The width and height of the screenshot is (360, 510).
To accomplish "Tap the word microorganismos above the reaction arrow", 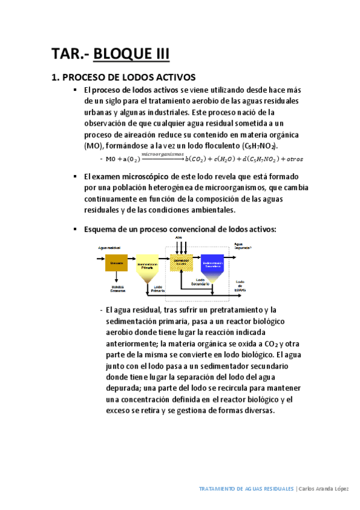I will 162,155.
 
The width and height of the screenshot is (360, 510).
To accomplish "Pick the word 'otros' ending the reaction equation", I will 293,159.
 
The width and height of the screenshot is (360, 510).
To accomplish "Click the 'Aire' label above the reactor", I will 178,238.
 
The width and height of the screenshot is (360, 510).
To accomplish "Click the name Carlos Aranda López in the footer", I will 325,489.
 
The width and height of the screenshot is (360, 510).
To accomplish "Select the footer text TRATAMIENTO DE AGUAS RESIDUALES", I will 246,489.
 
